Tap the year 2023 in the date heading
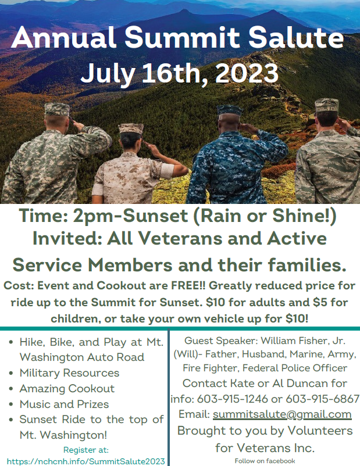coord(247,73)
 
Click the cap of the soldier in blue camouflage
coord(229,110)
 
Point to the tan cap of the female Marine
coord(131,128)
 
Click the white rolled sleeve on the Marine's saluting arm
coord(167,171)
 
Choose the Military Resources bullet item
coord(69,372)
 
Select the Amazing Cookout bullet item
coord(67,389)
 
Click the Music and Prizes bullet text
coord(64,404)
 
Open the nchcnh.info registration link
coord(85,461)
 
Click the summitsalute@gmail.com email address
coord(282,414)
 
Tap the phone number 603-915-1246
coord(233,399)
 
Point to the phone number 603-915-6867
coord(323,399)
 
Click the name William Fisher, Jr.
coord(303,340)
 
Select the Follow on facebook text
coord(265,461)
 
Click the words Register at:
coord(86,450)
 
